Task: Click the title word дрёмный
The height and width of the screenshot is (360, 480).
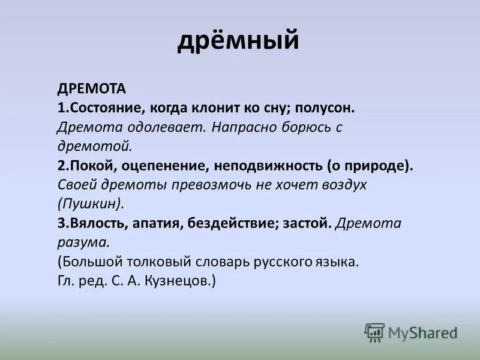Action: click(238, 41)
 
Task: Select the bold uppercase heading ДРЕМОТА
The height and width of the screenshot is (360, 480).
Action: click(92, 89)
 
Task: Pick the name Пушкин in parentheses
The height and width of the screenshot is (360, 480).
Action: click(91, 204)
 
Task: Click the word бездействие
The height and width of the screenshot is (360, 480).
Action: click(238, 223)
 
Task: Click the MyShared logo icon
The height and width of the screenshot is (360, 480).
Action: click(374, 332)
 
